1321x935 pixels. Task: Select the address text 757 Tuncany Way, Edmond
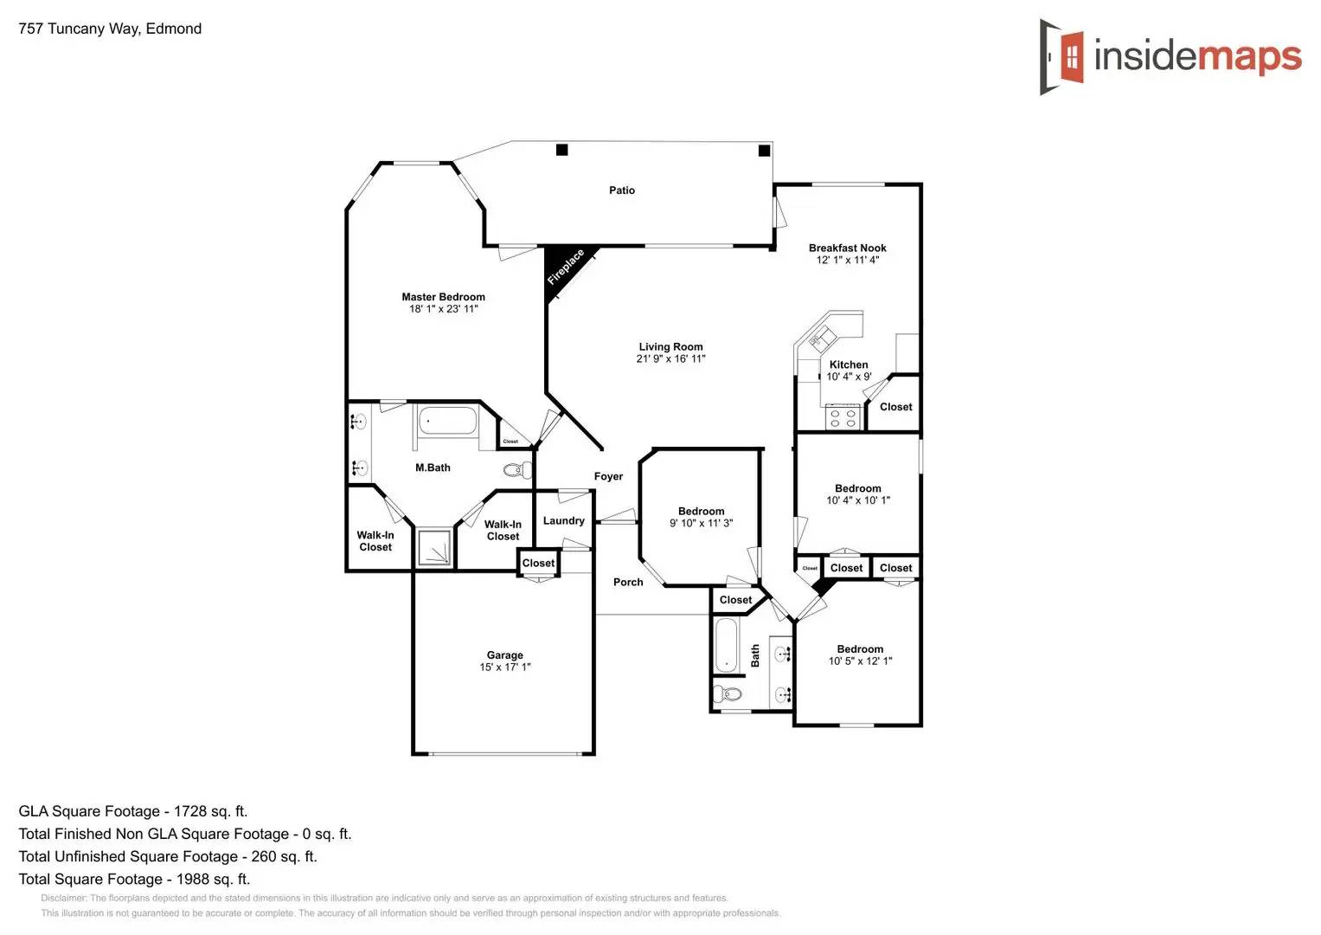click(110, 29)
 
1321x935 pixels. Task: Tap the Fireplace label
click(565, 267)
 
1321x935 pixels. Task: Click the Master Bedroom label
click(443, 297)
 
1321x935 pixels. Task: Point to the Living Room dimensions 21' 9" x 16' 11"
click(670, 358)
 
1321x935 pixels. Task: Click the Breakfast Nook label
click(847, 248)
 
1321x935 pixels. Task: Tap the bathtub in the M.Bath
click(447, 422)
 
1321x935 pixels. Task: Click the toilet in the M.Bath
click(517, 470)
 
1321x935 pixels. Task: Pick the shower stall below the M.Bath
click(434, 548)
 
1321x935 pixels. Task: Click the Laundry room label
click(563, 520)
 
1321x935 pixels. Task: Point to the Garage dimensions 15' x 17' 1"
click(504, 667)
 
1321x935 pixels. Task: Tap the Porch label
click(628, 582)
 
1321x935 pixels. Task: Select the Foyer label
click(608, 476)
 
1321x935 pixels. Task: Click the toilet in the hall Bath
click(728, 693)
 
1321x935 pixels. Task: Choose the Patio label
click(621, 190)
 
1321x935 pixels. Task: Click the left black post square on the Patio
click(561, 150)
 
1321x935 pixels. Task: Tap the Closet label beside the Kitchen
click(895, 407)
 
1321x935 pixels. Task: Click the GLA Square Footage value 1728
click(190, 811)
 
